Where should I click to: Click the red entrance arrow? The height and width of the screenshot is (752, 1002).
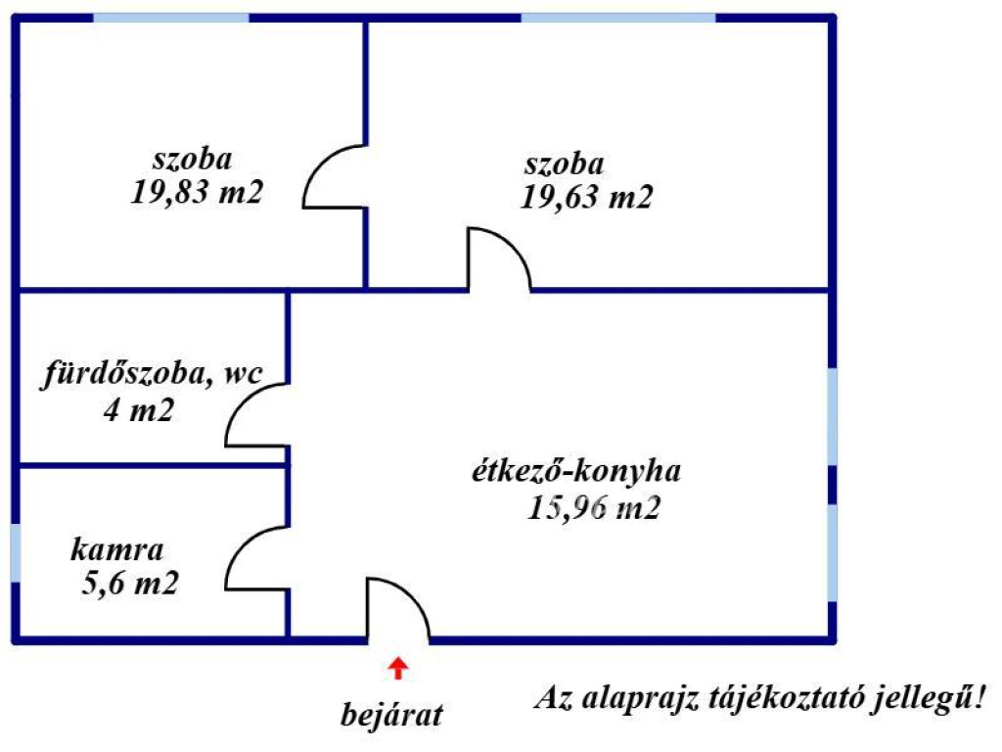(397, 669)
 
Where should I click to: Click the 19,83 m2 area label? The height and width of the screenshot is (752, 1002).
(198, 191)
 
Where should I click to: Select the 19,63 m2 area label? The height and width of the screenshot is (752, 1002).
(587, 197)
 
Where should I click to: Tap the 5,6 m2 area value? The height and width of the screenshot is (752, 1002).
(131, 585)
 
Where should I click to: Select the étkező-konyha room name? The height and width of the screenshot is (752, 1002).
(573, 471)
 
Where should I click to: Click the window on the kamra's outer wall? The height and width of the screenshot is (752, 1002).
(16, 553)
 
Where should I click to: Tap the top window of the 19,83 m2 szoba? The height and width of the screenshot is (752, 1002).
(171, 18)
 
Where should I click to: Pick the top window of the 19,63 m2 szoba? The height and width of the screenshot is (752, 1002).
(618, 18)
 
